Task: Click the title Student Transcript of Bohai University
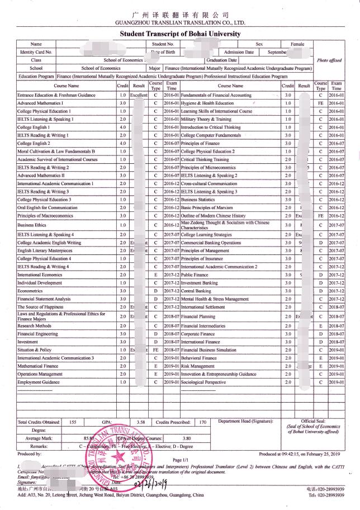(180, 34)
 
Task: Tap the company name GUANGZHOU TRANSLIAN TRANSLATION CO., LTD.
(180, 23)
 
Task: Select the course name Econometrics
(30, 291)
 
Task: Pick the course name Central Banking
(196, 291)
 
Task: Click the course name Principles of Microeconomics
(207, 167)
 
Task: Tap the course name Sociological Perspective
(203, 382)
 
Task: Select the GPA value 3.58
(141, 422)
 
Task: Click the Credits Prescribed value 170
(203, 422)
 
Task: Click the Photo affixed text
(329, 60)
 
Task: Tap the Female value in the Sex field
(297, 44)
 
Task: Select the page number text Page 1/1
(180, 460)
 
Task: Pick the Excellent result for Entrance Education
(139, 95)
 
